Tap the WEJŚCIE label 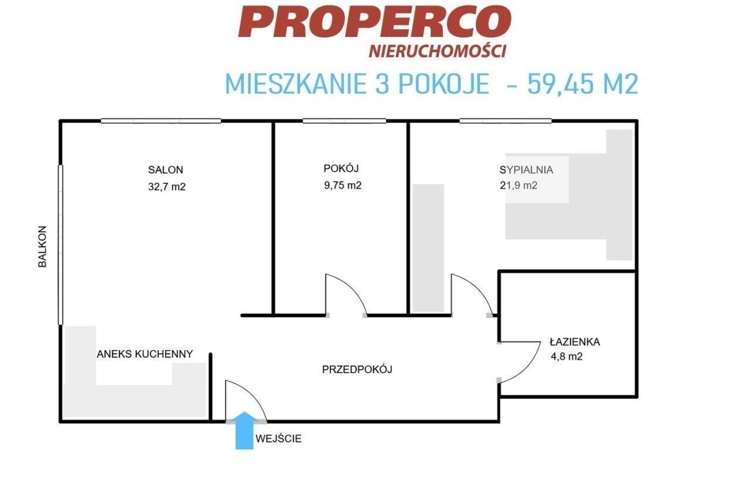pos(278,438)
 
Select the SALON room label pos(165,170)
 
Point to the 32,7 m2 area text pos(167,186)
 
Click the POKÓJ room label pos(341,167)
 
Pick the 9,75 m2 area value pos(343,185)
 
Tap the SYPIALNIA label pos(526,170)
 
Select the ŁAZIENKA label pos(575,341)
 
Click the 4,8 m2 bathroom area pos(567,357)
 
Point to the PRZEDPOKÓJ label pos(357,369)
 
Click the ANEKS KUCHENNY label pos(145,354)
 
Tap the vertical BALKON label pos(42,247)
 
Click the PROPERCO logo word pos(374,22)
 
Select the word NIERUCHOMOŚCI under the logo pos(437,51)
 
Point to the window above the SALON pos(161,121)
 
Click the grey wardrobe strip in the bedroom pos(428,248)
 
